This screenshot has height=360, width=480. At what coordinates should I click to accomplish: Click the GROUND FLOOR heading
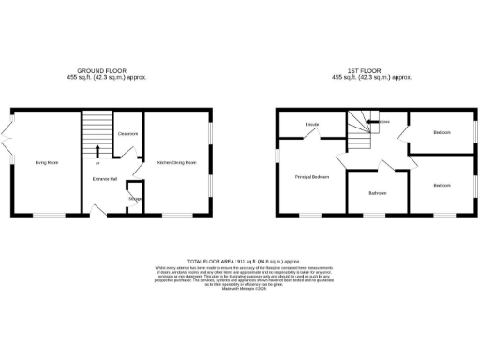pyautogui.click(x=112, y=70)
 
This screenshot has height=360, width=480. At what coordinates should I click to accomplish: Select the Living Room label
pyautogui.click(x=47, y=162)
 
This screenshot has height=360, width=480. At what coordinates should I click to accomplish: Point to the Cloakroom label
pyautogui.click(x=128, y=134)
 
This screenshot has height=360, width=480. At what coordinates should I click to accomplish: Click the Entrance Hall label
pyautogui.click(x=103, y=178)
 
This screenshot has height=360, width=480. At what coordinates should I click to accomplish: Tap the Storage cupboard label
pyautogui.click(x=135, y=199)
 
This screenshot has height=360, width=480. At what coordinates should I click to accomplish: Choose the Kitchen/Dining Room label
pyautogui.click(x=177, y=162)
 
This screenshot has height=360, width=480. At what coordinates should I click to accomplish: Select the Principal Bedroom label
pyautogui.click(x=312, y=176)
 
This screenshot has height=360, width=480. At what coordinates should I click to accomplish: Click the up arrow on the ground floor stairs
pyautogui.click(x=97, y=149)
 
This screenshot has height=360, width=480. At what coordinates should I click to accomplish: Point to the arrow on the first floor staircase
pyautogui.click(x=361, y=122)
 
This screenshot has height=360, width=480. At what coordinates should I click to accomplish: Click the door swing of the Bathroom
pyautogui.click(x=386, y=167)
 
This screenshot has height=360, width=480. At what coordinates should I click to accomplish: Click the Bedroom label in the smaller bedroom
pyautogui.click(x=441, y=132)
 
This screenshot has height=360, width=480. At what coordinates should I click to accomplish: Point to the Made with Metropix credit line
pyautogui.click(x=243, y=289)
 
